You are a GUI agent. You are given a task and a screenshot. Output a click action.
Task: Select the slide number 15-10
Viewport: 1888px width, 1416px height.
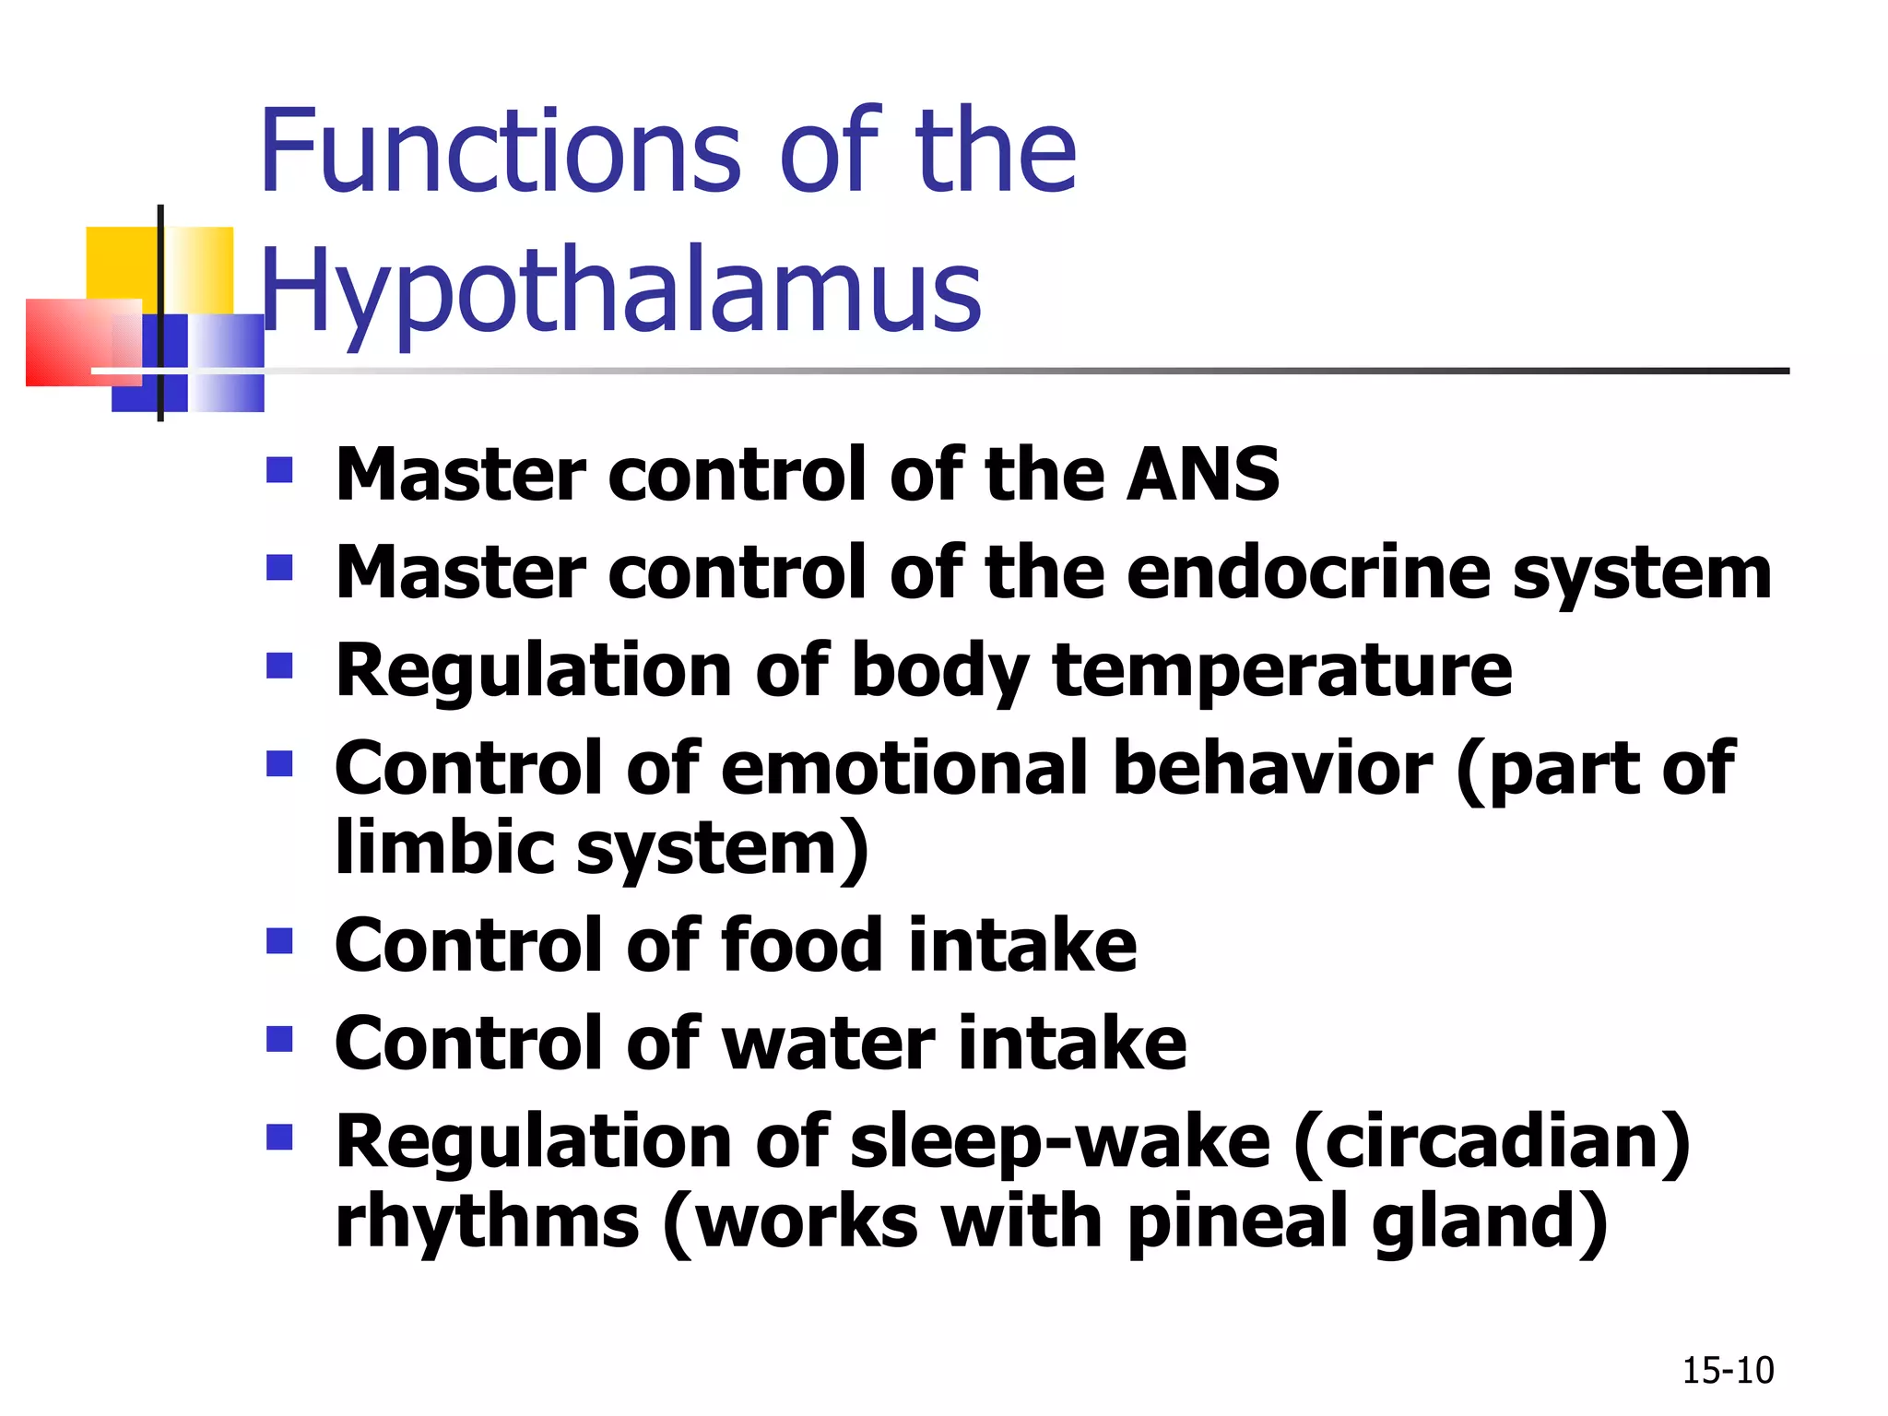1728,1371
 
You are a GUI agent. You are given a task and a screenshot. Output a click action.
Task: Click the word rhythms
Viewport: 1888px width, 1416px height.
487,1222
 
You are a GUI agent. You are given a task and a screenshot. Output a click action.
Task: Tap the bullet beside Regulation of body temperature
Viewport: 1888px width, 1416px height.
279,666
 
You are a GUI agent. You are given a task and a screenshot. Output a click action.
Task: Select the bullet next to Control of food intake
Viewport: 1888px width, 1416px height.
279,940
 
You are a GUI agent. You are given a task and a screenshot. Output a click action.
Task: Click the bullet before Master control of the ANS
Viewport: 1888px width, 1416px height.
279,470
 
